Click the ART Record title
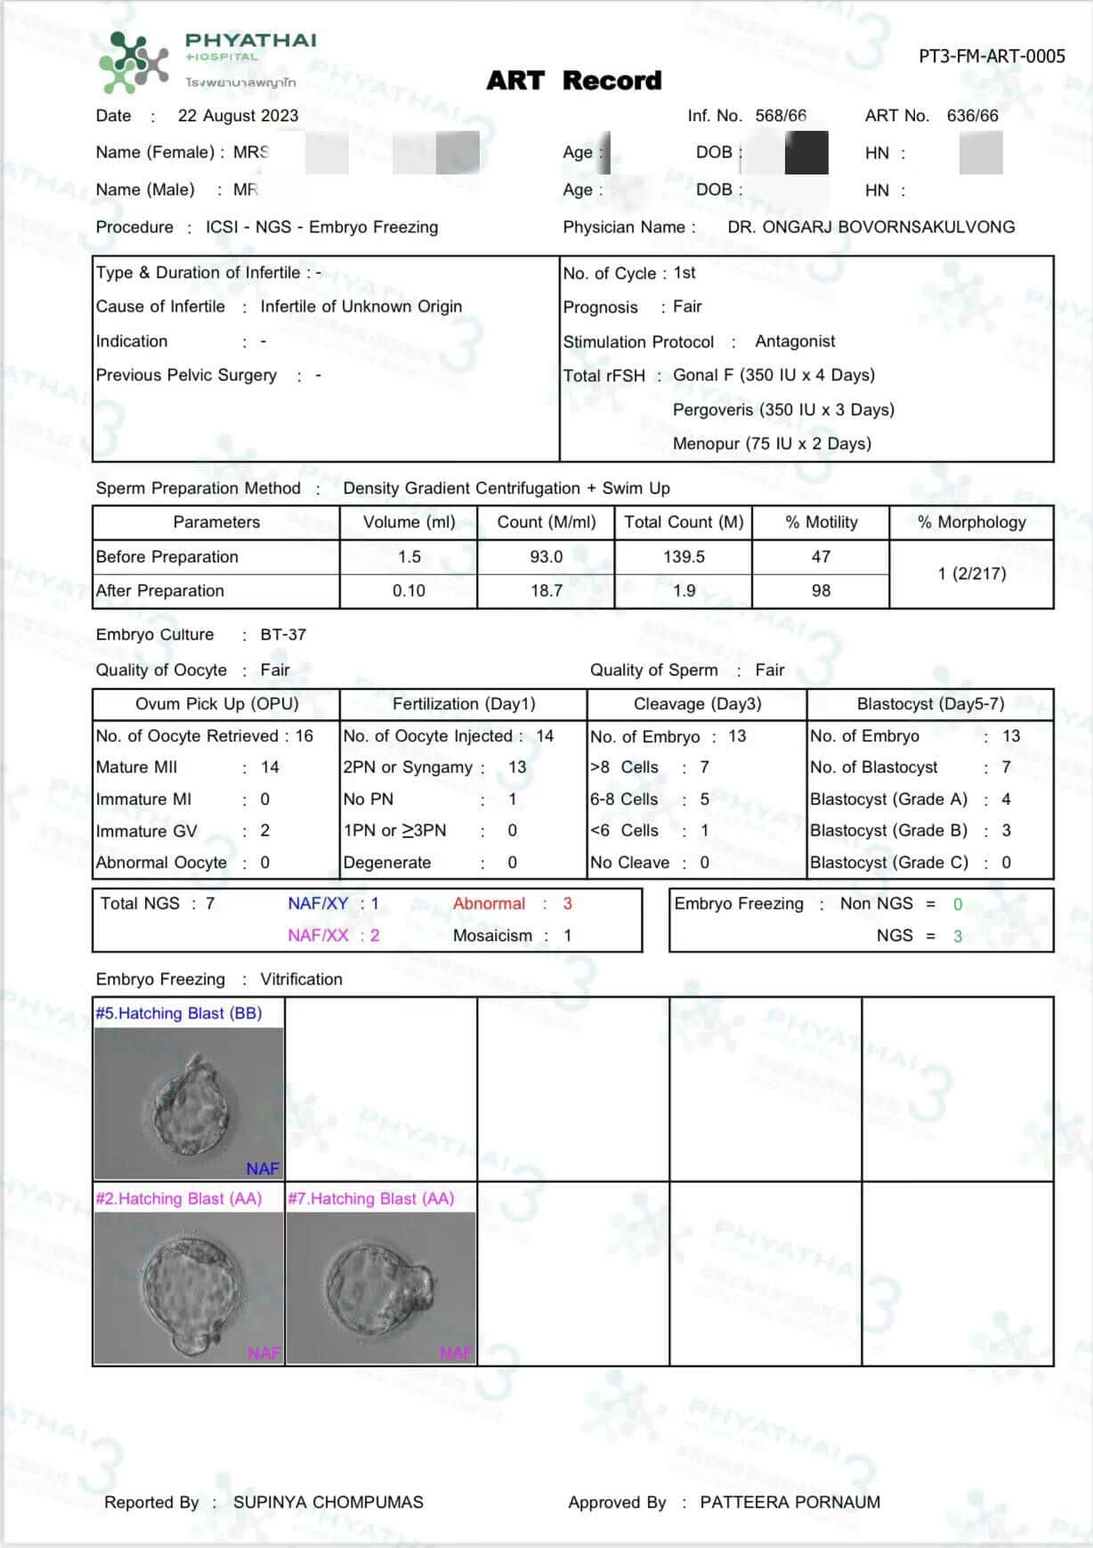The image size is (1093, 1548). tap(574, 81)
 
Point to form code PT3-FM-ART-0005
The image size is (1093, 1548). tap(992, 57)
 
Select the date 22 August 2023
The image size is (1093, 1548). tap(238, 116)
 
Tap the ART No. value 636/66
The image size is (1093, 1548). tap(973, 116)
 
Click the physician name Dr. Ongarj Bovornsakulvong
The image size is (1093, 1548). tap(870, 227)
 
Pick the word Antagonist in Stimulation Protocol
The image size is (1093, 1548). tap(795, 341)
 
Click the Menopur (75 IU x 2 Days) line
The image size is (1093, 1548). tap(772, 443)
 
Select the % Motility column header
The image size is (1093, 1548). tap(821, 523)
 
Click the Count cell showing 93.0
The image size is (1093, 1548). tap(546, 556)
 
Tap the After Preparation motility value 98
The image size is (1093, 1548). tap(821, 590)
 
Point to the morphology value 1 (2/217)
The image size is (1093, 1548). tap(972, 573)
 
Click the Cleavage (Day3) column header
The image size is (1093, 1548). tap(697, 704)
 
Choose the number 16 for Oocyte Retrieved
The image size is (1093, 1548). tap(304, 736)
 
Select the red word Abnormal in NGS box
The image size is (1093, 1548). tap(489, 904)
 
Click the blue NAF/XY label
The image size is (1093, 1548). tap(318, 904)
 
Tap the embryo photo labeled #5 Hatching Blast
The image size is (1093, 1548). tap(189, 1104)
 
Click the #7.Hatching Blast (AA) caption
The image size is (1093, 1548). tap(370, 1199)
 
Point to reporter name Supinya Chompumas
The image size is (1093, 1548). tap(328, 1502)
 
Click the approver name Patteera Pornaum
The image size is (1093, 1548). tap(789, 1502)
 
